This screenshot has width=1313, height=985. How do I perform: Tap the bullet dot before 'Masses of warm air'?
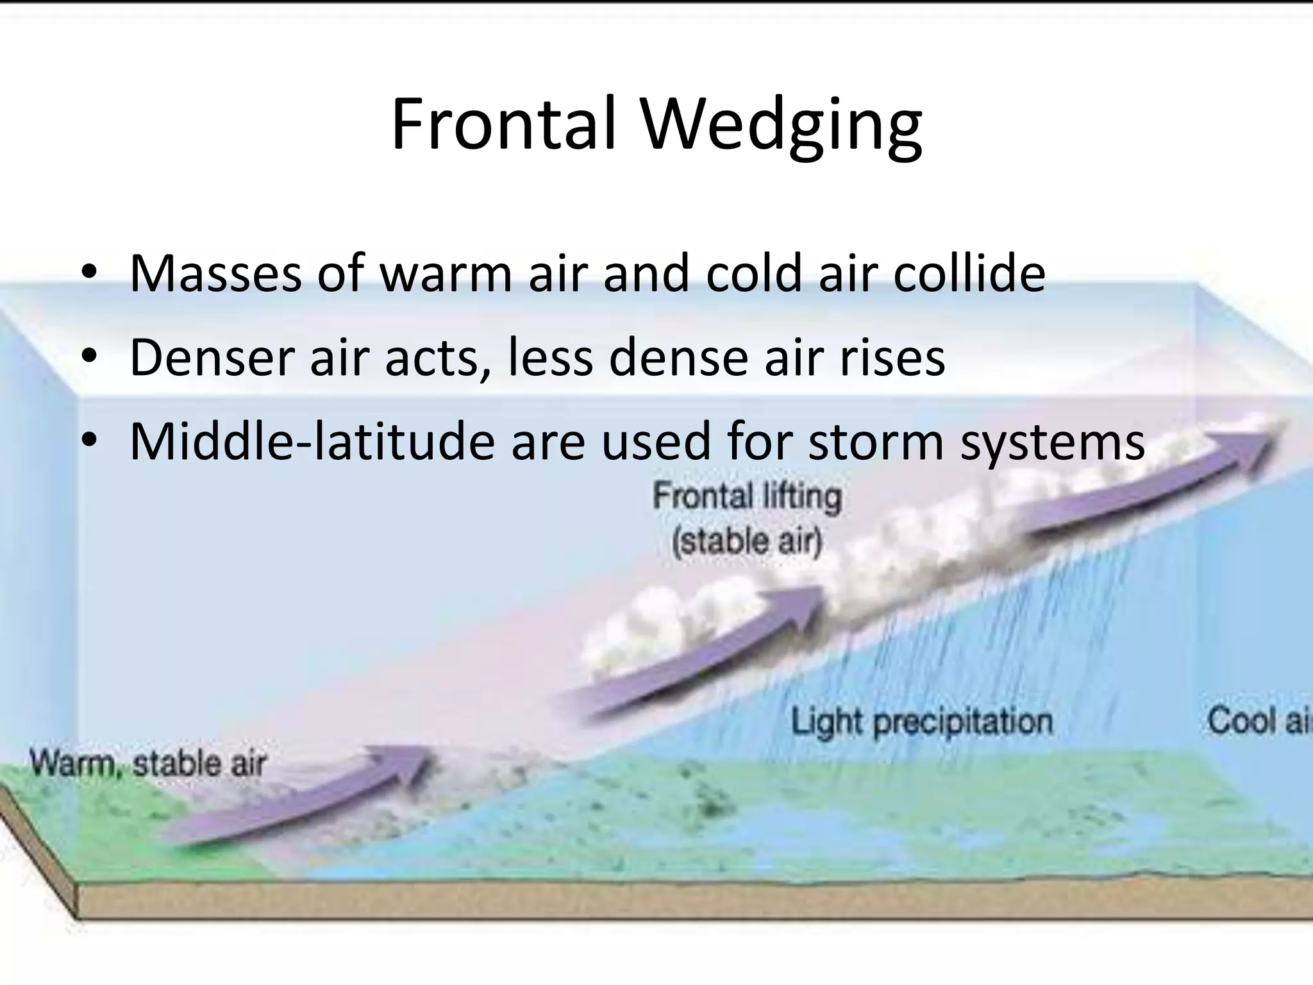tap(90, 272)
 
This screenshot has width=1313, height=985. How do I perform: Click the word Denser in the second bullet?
tap(212, 357)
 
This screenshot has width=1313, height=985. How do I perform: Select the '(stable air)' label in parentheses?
tap(747, 541)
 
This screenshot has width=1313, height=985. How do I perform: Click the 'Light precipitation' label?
tap(921, 721)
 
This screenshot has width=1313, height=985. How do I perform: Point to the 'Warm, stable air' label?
tap(148, 764)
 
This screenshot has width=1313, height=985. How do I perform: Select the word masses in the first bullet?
tap(215, 274)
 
